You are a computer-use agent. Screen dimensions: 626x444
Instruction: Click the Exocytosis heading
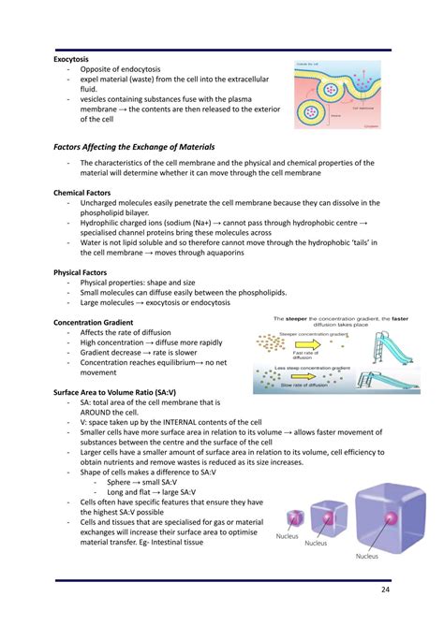pos(71,59)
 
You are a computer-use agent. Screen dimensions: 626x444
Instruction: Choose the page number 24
pos(385,590)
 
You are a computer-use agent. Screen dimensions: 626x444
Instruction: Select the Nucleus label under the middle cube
pos(317,543)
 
